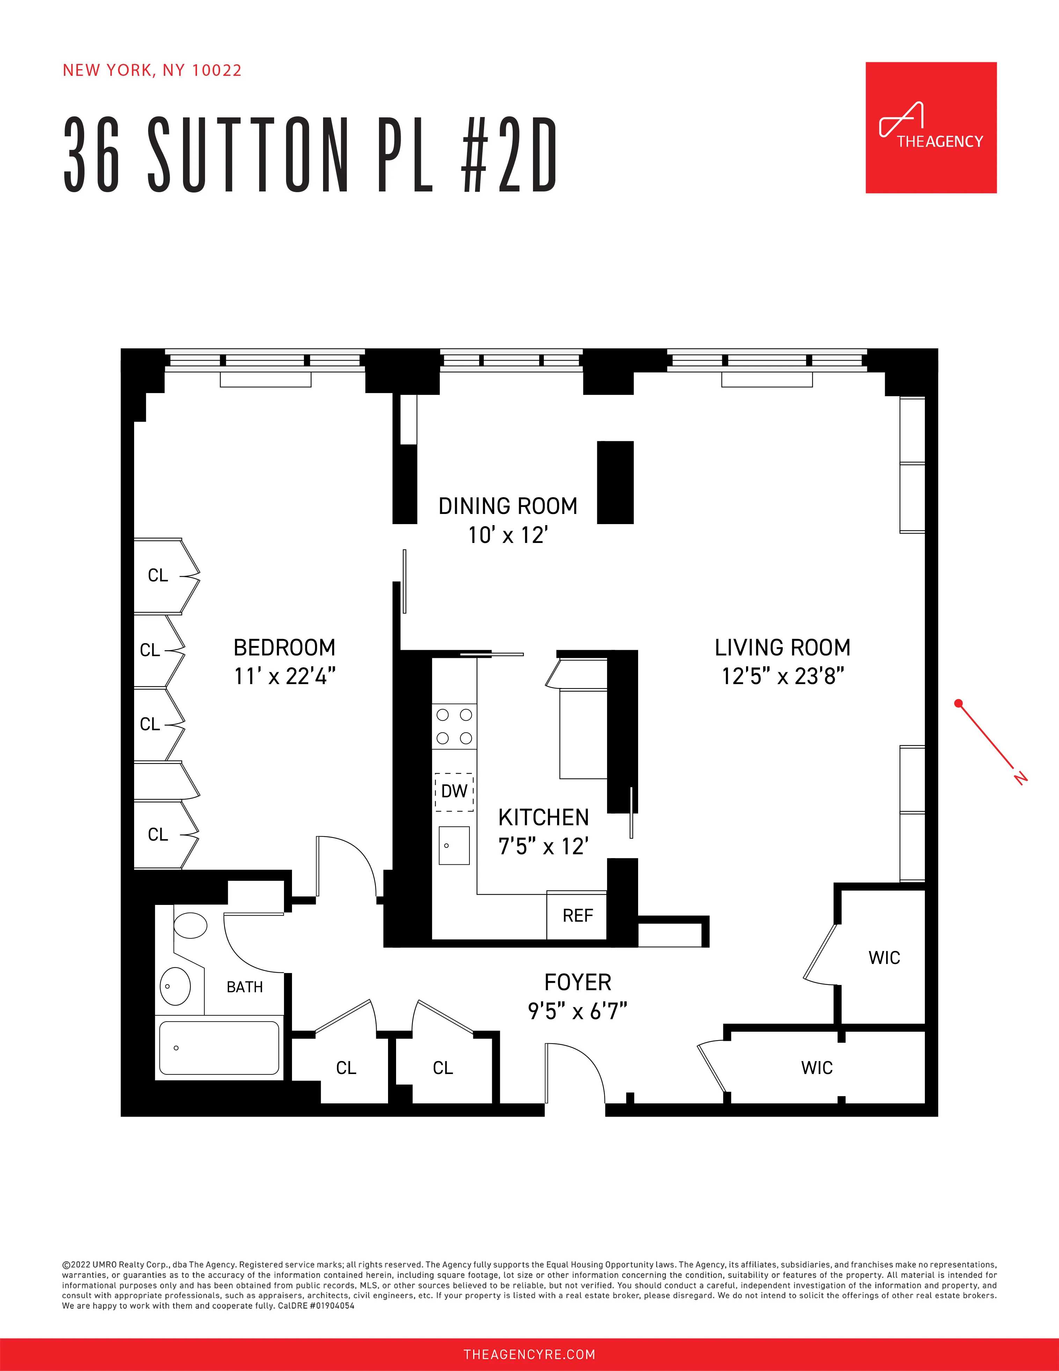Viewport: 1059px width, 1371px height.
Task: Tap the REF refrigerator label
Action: [x=577, y=916]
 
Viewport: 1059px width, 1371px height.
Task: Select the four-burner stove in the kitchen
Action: [x=454, y=726]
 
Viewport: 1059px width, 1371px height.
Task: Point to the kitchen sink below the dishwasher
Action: [x=454, y=846]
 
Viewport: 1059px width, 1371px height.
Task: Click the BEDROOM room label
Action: [x=284, y=647]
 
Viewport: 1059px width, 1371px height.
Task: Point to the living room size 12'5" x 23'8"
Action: [x=782, y=676]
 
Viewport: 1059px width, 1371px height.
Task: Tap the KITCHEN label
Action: [x=543, y=817]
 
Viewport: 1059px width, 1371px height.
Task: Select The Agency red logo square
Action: [x=931, y=128]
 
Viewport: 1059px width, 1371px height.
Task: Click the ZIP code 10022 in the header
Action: [x=217, y=70]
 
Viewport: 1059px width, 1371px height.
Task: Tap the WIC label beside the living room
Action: [x=884, y=958]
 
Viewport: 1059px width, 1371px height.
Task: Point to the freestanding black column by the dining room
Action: [x=615, y=482]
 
